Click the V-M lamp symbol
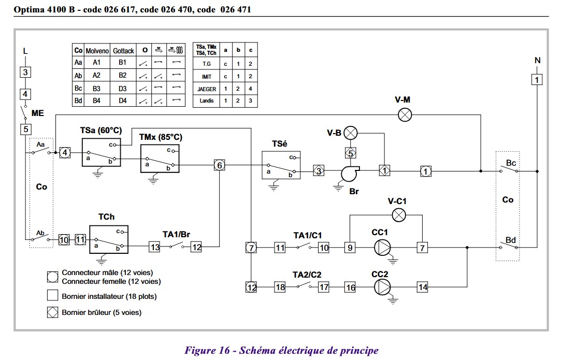click(405, 115)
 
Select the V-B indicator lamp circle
click(351, 133)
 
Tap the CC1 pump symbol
click(382, 248)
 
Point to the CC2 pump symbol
click(382, 287)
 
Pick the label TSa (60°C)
click(101, 131)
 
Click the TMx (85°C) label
click(161, 137)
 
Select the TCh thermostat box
click(109, 239)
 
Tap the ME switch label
click(38, 113)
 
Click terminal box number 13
click(154, 247)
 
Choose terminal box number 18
click(280, 287)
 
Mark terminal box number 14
click(423, 287)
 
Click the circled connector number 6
click(219, 165)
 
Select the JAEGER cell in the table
click(207, 89)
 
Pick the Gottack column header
click(123, 51)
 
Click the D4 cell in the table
click(123, 101)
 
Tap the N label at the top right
click(537, 61)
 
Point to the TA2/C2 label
click(307, 275)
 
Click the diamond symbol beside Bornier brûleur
click(53, 312)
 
